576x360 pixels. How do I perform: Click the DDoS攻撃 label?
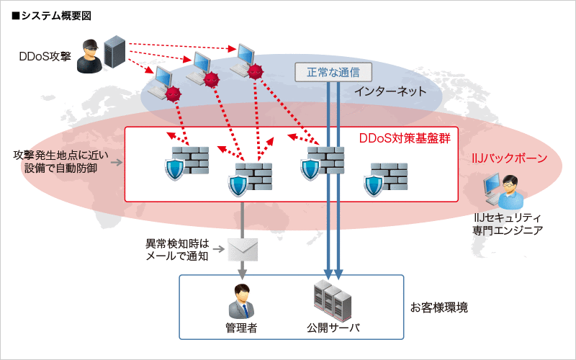coord(45,55)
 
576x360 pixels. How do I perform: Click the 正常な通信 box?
coord(333,72)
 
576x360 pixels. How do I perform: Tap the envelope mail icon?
coord(242,249)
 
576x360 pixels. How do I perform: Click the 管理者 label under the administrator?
coord(241,328)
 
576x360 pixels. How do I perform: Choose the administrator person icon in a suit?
coord(241,301)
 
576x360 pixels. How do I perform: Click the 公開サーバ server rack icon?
coord(332,300)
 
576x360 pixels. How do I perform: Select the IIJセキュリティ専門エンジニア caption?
coord(508,223)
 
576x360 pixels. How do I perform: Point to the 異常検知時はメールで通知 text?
coord(176,249)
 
